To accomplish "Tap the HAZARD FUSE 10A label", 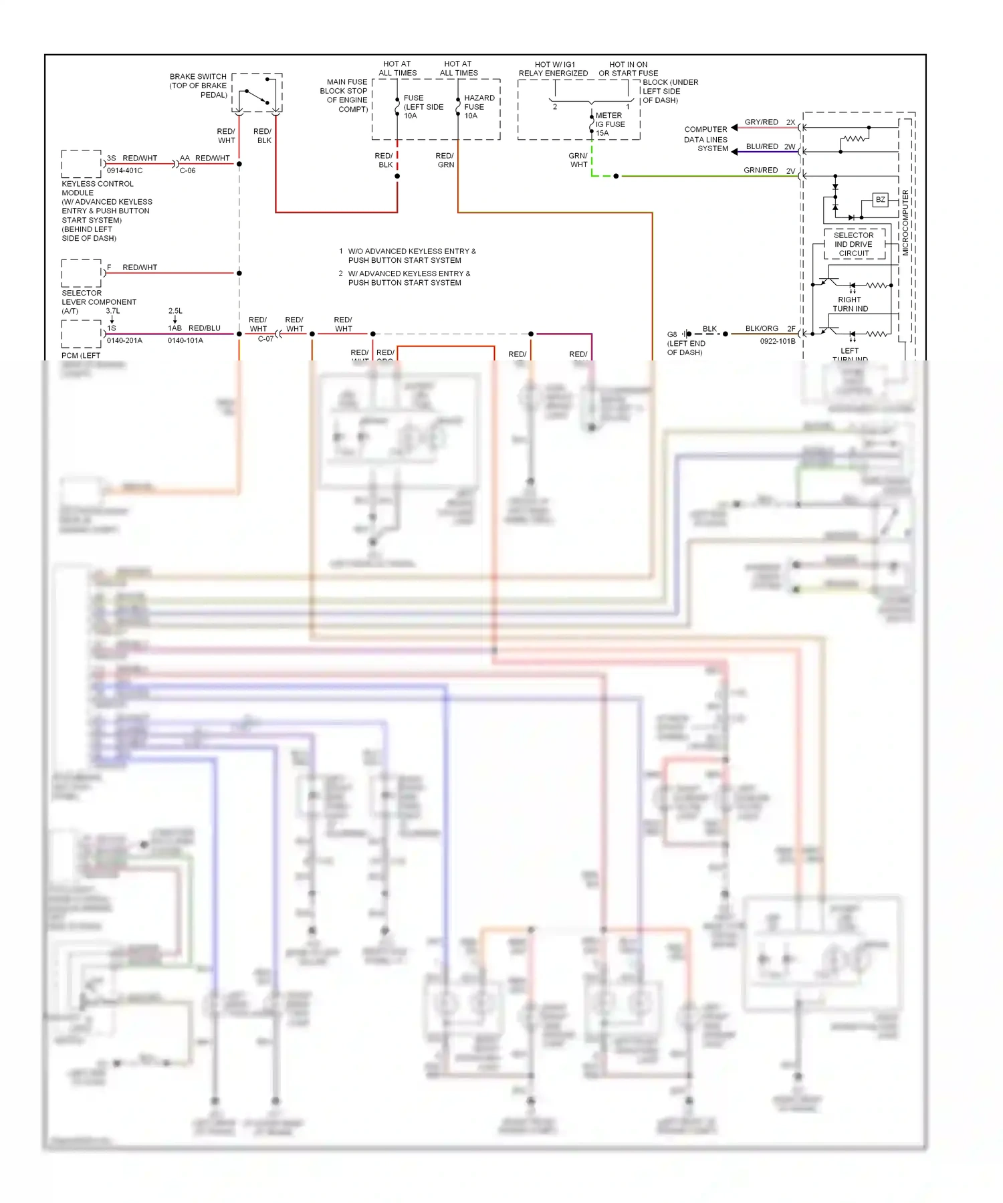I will pos(479,107).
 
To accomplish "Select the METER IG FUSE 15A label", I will pos(610,124).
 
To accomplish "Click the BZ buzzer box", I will pos(881,200).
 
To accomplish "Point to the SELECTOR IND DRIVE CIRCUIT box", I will pos(854,244).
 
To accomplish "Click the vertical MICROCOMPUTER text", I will pos(905,223).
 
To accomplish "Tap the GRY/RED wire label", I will pos(761,122).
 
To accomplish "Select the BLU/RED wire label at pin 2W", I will pos(762,146).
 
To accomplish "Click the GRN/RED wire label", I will pos(760,171).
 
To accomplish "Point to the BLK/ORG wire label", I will pos(762,329).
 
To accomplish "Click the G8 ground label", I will pos(672,334).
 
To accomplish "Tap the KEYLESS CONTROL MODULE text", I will pos(98,188).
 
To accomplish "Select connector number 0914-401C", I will pos(124,171).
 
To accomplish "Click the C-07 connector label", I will pos(265,339).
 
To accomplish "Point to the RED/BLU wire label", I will pos(204,328).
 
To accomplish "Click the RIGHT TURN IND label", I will pos(850,304).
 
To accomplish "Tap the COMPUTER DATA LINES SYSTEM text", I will pos(705,139).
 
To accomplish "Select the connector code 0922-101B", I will pos(777,341).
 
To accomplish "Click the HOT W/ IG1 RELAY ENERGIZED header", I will pos(553,69).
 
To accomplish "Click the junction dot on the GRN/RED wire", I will pos(616,177).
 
